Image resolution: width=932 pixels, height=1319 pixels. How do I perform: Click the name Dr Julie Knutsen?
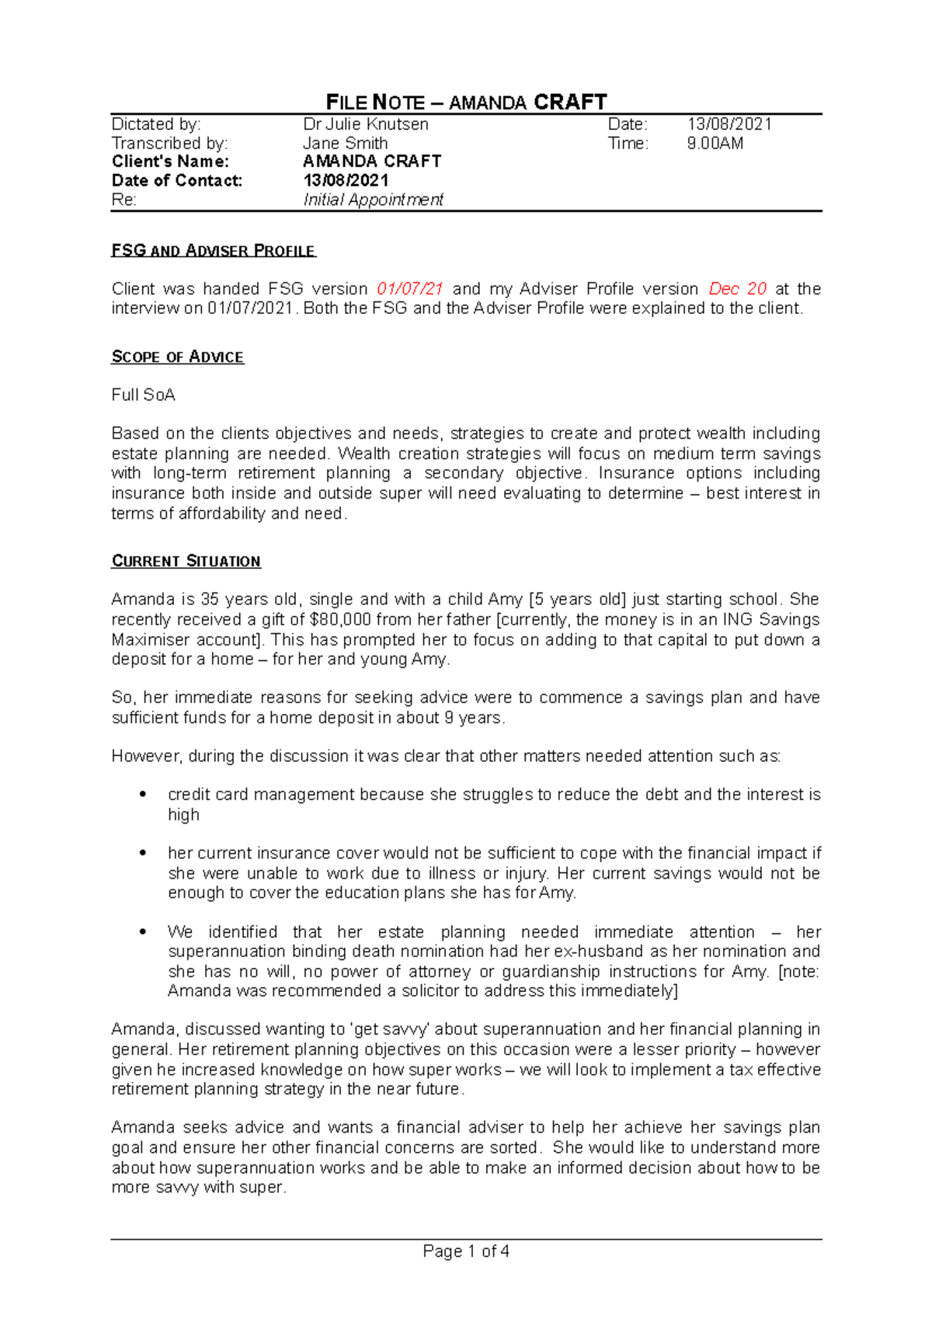(365, 124)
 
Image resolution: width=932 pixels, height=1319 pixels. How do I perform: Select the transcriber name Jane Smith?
(345, 144)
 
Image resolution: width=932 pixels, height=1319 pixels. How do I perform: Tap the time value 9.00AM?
(715, 144)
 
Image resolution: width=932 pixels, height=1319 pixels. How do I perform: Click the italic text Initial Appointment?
(373, 200)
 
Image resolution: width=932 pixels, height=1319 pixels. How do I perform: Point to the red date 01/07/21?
(409, 289)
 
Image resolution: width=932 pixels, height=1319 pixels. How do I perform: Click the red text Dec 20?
(737, 289)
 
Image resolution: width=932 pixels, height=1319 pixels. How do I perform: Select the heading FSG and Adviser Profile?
(214, 251)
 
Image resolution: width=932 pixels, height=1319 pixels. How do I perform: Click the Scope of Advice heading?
(178, 357)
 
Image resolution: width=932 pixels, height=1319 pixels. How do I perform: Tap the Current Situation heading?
(186, 562)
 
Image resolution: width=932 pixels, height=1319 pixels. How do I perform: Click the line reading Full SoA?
(144, 395)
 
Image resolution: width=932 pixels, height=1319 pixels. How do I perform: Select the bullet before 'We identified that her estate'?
(142, 931)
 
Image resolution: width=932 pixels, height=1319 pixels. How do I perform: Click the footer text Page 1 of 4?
(466, 1251)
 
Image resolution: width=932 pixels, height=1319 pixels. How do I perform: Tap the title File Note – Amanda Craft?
(466, 103)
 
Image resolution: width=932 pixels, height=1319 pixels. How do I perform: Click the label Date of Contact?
(177, 181)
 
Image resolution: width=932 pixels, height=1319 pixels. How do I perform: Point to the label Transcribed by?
(170, 144)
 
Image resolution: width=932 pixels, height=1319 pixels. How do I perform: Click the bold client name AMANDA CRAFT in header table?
(372, 162)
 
